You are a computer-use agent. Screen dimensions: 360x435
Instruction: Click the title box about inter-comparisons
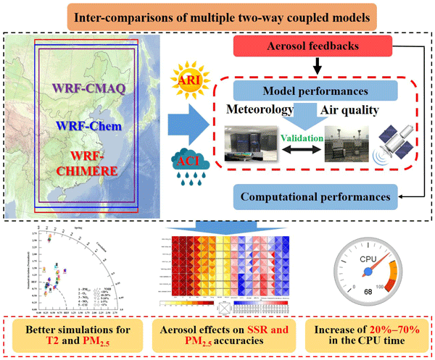coord(217,15)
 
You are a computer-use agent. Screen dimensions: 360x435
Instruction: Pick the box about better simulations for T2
coord(86,331)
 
